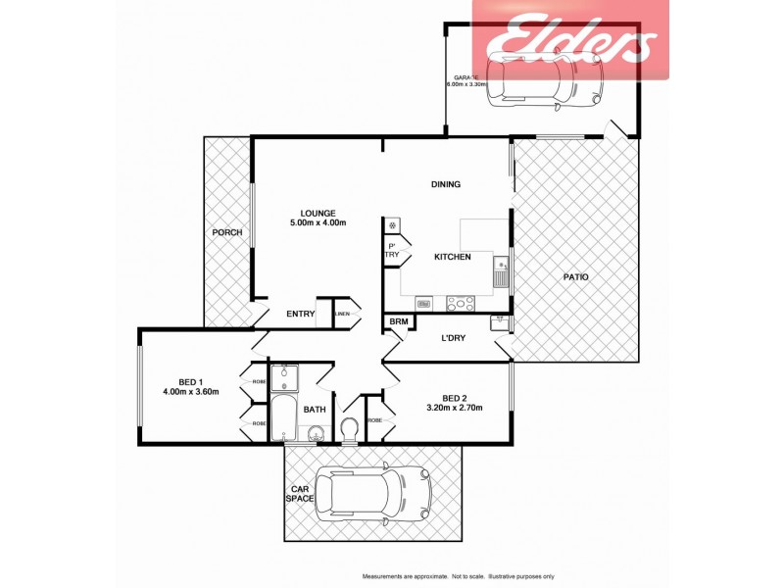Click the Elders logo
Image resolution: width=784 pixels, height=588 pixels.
571,39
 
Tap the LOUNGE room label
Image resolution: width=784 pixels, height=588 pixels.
318,213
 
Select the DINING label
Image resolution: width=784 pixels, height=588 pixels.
446,184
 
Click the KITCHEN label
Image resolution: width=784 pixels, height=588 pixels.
453,257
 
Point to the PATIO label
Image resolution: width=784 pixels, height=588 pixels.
575,277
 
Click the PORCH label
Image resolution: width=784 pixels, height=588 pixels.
226,232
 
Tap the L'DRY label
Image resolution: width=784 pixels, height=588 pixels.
452,338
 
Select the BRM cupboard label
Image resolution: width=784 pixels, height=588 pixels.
399,322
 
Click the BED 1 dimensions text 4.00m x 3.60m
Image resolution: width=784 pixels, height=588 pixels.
190,392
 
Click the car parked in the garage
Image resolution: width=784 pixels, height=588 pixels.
549,78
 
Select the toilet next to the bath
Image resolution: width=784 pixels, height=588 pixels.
350,430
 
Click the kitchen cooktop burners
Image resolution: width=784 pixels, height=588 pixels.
460,304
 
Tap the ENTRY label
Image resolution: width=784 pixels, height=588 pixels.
300,314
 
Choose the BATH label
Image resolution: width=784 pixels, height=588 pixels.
315,410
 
